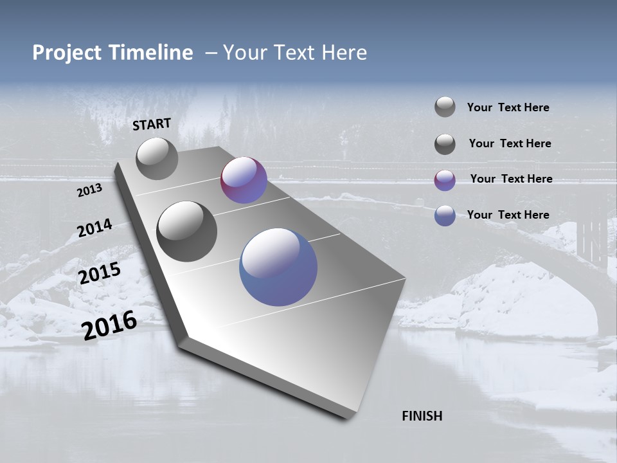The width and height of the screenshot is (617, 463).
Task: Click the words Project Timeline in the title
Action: coord(112,53)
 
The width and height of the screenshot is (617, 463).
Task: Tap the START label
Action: coord(152,124)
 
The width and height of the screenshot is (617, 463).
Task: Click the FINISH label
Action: coord(422,416)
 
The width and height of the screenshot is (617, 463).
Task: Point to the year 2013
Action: coord(89,190)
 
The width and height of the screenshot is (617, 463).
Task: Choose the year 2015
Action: coord(100,273)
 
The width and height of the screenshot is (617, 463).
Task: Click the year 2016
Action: coord(109,325)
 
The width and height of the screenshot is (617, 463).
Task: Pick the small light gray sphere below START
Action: coord(157,158)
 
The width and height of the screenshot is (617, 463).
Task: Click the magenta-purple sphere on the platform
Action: coord(244,180)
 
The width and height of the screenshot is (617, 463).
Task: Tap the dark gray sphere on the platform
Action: coord(187,232)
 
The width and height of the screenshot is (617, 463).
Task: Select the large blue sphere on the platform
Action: coord(278,267)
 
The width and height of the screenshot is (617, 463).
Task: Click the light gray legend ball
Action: coord(445,107)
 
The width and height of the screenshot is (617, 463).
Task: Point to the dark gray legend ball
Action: coord(445,144)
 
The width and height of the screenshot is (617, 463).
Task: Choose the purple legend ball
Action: coord(445,180)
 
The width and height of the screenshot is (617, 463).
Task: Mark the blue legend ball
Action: coord(445,215)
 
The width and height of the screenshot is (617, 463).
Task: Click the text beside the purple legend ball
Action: coord(511,179)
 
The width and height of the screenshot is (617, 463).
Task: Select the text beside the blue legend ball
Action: coord(508,215)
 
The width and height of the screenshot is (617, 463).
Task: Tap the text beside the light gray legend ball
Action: coord(508,107)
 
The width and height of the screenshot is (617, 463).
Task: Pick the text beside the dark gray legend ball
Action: coord(510,143)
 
